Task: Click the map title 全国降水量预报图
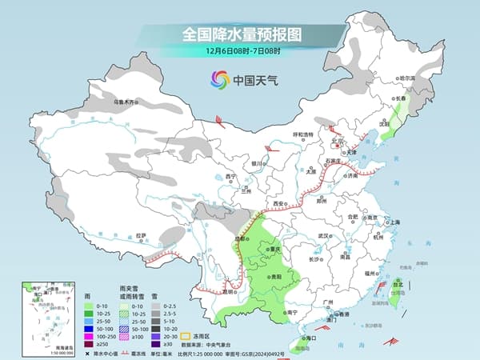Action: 239,34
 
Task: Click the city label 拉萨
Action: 141,235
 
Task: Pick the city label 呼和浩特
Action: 303,134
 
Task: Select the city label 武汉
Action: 323,236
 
